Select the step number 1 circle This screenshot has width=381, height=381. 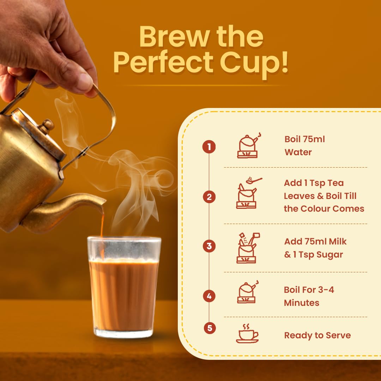point(209,147)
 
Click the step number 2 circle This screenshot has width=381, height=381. point(209,197)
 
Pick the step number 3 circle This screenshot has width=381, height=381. point(209,246)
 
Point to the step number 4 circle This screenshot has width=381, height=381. point(209,296)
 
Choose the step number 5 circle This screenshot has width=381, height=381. point(210,328)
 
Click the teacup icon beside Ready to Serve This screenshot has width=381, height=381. point(247,333)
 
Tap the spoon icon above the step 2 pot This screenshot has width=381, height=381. point(254,180)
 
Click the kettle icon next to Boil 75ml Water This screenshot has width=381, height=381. point(248,146)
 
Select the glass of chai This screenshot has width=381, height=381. point(124,287)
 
